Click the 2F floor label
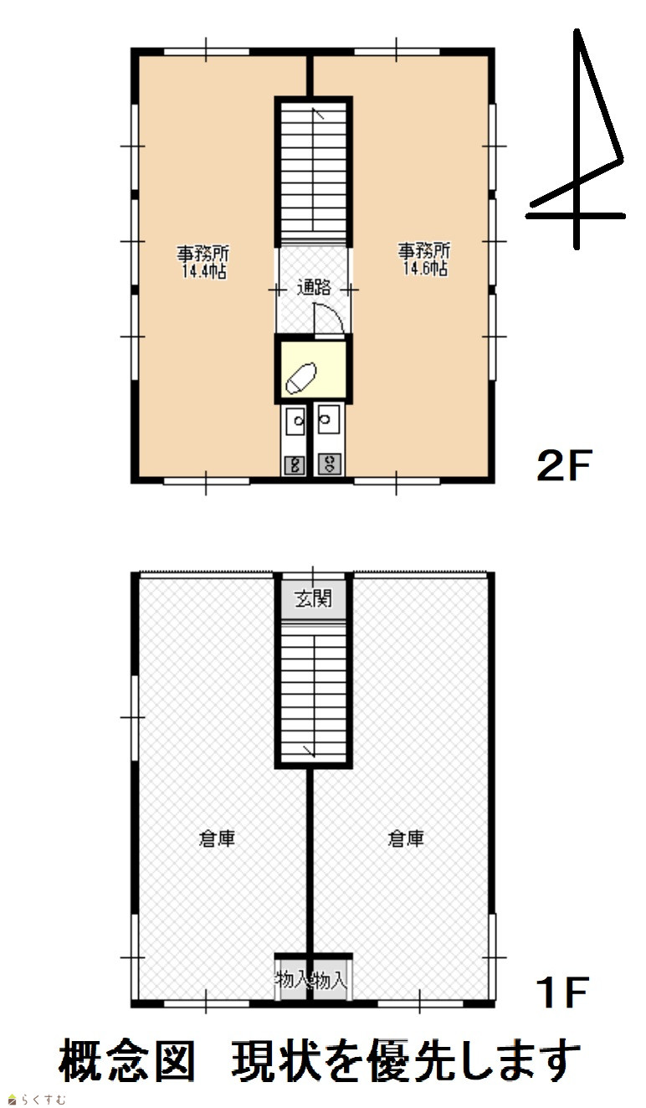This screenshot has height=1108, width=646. pos(564,465)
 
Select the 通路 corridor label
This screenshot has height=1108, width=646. pos(314,287)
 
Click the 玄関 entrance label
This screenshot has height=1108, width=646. pos(313,598)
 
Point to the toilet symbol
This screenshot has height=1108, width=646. pos(301,378)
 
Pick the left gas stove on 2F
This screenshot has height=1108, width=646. pos(295,465)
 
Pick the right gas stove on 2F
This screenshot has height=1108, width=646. pos(329,465)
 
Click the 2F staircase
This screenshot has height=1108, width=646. pos(314,172)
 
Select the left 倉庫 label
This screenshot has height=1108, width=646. pos(217,839)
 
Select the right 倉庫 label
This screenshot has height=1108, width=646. pos(406,839)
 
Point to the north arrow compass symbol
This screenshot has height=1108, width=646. pos(577,139)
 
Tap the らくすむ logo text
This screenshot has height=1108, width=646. pos(37,1100)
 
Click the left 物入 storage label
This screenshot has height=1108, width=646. pos(292,980)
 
